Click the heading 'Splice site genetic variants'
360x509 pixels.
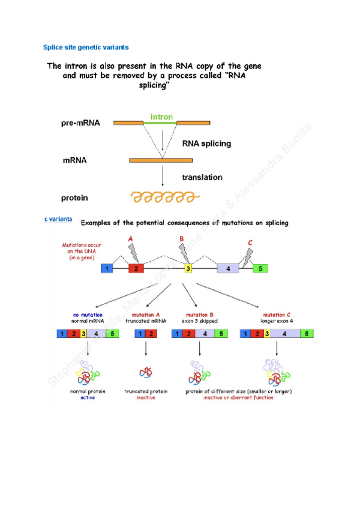[x=86, y=47]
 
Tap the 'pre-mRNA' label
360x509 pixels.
[x=80, y=124]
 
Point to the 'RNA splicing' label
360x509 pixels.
[x=206, y=144]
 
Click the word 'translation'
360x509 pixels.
[x=202, y=178]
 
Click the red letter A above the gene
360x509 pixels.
[x=131, y=239]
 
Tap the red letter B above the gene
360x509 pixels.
[x=182, y=239]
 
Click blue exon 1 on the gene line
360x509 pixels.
[x=107, y=268]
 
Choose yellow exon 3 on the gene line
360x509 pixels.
[x=188, y=268]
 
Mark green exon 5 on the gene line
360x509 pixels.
[x=260, y=268]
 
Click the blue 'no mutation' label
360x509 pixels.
[x=88, y=315]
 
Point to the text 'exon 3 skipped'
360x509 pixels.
[x=201, y=321]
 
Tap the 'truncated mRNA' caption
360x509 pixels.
[x=145, y=321]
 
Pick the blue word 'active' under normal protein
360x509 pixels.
[x=88, y=397]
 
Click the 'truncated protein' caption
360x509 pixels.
[x=146, y=391]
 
